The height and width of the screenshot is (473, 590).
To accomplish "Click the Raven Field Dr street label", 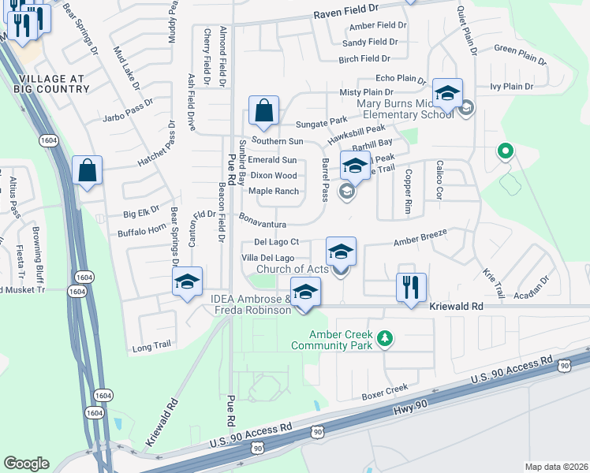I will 357,14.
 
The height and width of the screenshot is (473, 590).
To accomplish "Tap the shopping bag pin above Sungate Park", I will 263,113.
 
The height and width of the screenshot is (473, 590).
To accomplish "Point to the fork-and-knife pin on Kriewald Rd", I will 411,289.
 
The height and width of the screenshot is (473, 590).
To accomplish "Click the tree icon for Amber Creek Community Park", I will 385,338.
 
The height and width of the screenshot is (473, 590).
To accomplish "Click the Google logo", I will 27,463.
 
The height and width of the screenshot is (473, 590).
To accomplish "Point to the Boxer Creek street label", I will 385,390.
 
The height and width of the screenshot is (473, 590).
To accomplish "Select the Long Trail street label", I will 152,345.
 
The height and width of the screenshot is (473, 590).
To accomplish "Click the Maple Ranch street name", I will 274,192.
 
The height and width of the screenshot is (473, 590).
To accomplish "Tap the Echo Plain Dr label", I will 401,79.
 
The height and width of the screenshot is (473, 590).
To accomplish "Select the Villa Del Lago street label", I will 268,258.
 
